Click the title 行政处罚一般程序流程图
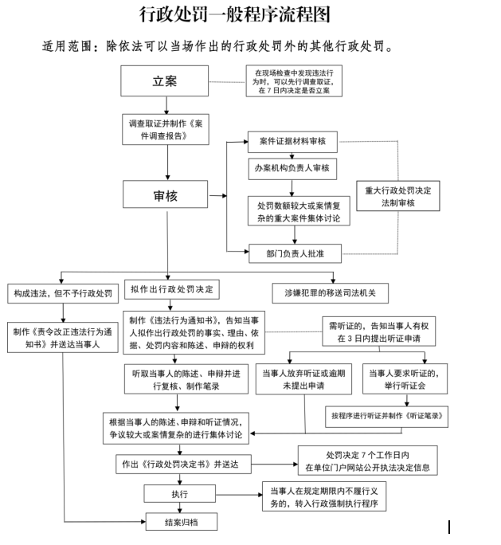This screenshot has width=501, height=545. [234, 15]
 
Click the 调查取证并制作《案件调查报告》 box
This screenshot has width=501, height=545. [166, 131]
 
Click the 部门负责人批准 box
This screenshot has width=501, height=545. [293, 254]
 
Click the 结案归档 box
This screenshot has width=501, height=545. [181, 522]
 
